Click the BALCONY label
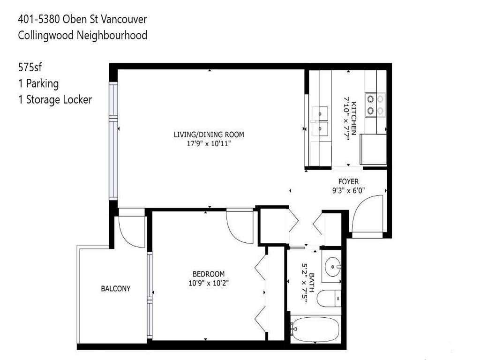(x=116, y=289)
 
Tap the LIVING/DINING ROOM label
(x=209, y=135)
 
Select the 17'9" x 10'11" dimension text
(x=209, y=144)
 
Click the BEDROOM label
(x=209, y=274)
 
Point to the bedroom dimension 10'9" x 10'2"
(x=209, y=283)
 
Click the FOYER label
(x=348, y=181)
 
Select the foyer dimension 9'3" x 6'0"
(x=348, y=191)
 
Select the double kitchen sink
(x=321, y=120)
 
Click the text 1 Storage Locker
(x=55, y=99)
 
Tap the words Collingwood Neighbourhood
(x=82, y=35)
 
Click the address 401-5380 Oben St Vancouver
(x=82, y=19)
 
